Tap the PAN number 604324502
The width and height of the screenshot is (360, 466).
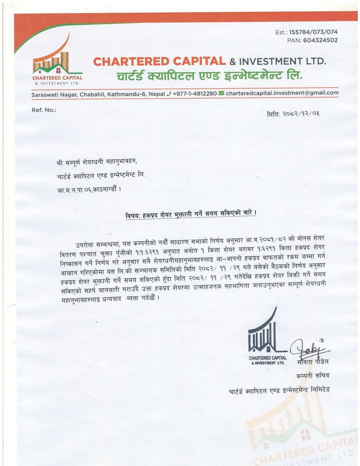coord(318,41)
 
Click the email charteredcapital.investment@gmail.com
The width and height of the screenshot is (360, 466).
coord(282,93)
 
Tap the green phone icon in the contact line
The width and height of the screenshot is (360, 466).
coord(169,93)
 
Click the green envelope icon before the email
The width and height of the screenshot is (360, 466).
coord(222,93)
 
